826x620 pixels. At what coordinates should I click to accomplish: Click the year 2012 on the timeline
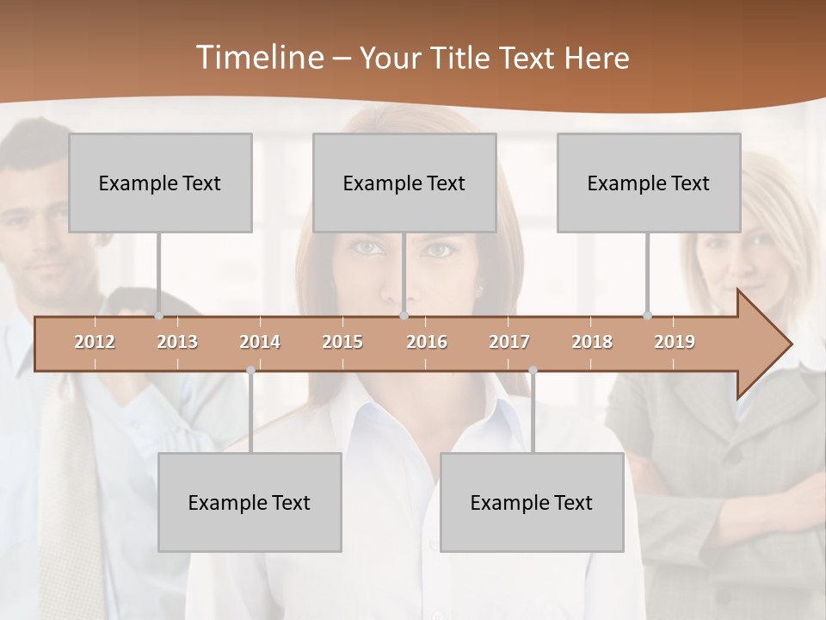point(95,342)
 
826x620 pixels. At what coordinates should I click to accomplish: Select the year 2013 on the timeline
point(177,342)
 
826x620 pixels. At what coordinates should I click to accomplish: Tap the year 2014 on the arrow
point(260,342)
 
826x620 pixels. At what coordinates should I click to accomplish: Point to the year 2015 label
point(342,342)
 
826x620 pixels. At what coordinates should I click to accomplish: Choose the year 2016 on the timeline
point(427,342)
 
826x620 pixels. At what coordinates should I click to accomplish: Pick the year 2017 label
point(509,342)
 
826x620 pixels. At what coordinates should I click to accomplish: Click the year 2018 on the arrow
point(592,342)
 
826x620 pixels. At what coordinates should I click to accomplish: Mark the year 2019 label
point(675,342)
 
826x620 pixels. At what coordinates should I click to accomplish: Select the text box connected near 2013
point(160,183)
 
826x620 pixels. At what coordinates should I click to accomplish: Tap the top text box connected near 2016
point(404,183)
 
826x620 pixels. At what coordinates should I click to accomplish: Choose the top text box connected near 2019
point(649,183)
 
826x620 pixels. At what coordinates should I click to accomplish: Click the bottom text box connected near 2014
point(250,502)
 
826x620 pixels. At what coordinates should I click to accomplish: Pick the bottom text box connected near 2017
point(532,502)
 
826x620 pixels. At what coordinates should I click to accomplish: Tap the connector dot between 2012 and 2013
point(158,316)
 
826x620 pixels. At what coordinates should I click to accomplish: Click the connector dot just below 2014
point(250,370)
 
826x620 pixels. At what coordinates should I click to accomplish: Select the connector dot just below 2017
point(533,370)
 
